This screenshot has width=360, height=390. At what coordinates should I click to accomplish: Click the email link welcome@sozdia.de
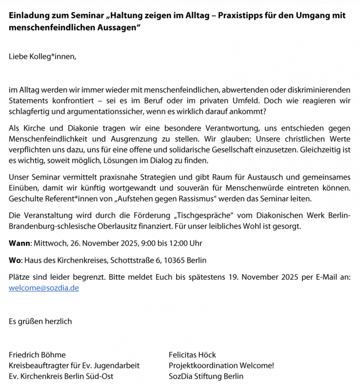coord(44,288)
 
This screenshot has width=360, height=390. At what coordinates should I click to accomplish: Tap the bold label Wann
coord(20,243)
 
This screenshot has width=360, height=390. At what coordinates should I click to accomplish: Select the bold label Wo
coord(15,260)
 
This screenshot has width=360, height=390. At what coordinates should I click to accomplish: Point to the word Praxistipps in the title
coord(244,15)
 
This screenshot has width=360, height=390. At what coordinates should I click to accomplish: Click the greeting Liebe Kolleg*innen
coord(43,57)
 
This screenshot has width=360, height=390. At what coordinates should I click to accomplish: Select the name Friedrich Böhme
coord(37,354)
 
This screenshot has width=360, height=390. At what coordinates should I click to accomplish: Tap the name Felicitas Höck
coord(192,354)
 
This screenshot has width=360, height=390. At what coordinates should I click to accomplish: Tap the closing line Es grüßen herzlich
coord(40,321)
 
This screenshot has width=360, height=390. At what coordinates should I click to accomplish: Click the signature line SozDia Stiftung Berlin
coord(206,376)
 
